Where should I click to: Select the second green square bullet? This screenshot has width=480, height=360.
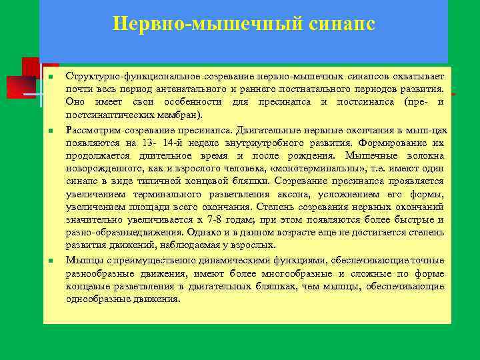point(51,129)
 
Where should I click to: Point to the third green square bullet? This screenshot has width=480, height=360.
point(51,260)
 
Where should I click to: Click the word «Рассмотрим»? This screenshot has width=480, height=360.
point(92,129)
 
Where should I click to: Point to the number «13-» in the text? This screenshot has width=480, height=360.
point(149,142)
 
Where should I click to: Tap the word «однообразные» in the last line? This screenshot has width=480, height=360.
point(97,299)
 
